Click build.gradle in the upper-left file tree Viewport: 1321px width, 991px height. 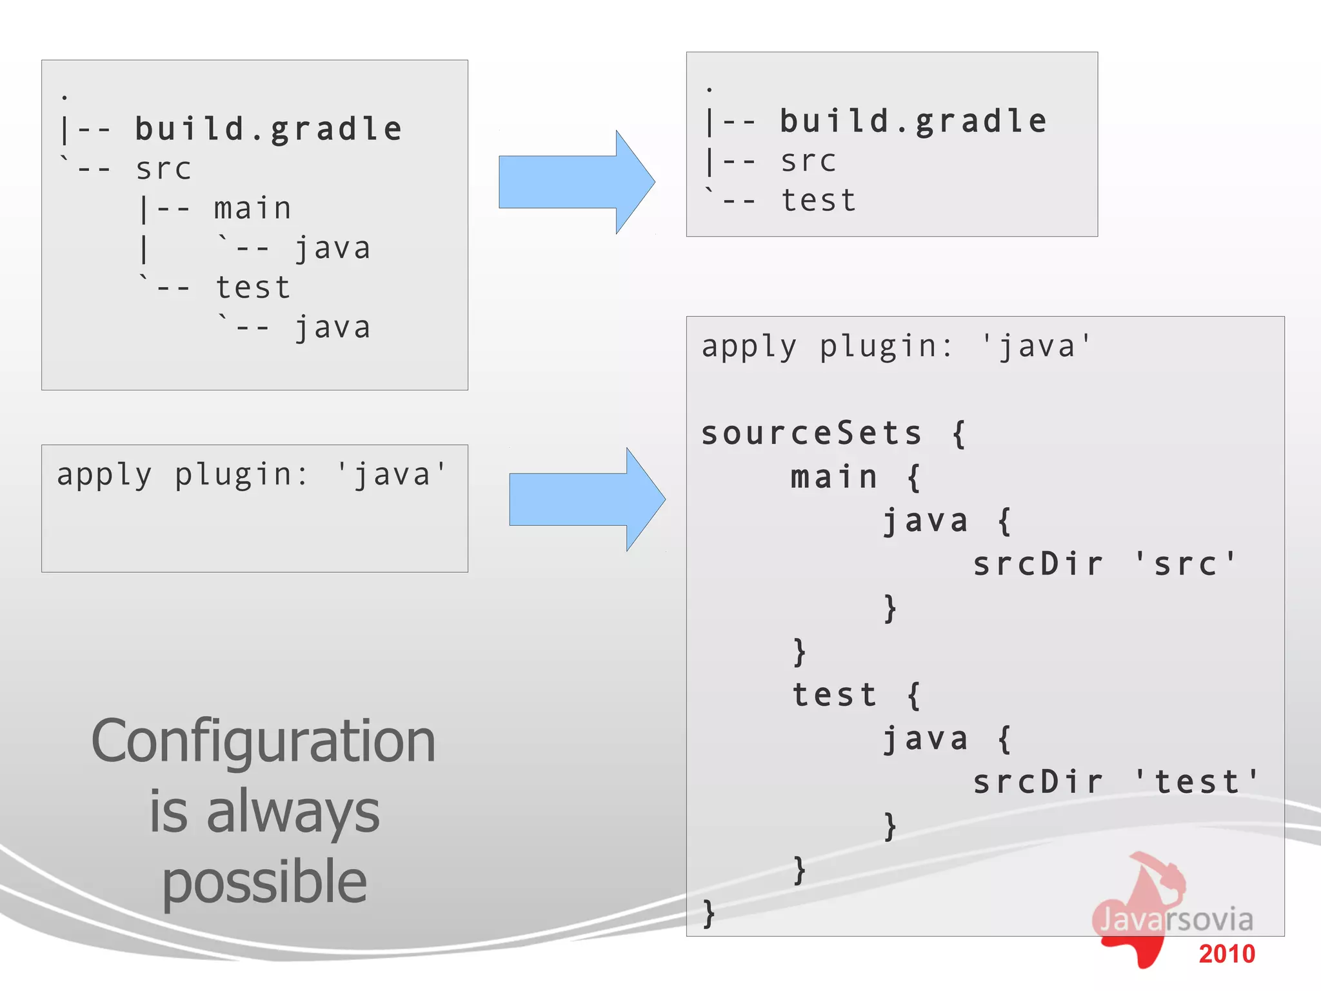(x=268, y=129)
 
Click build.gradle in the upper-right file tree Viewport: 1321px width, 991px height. (x=913, y=121)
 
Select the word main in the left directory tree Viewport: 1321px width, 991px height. (x=252, y=208)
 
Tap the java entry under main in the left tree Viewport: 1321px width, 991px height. (x=333, y=248)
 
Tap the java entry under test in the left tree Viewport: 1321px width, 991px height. (x=333, y=328)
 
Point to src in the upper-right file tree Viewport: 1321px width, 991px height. (x=808, y=161)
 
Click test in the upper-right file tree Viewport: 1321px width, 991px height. (x=819, y=201)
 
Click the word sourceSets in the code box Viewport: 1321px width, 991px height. (x=811, y=433)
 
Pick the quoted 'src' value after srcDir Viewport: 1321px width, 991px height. (x=1185, y=564)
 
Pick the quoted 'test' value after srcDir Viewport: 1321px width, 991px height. (x=1197, y=782)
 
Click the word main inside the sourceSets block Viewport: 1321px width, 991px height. (x=834, y=477)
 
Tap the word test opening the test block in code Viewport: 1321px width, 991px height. (x=834, y=695)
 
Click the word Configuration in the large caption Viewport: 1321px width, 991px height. (x=263, y=742)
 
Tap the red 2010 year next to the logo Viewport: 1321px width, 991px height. (x=1227, y=954)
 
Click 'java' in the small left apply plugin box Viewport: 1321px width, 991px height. (x=392, y=475)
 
